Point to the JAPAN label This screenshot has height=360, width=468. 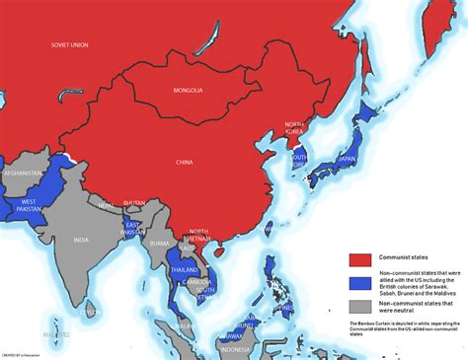coord(347,158)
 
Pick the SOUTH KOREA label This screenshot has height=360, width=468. coord(299,160)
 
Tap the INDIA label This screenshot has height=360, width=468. coord(81,240)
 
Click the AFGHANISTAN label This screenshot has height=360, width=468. coord(24,173)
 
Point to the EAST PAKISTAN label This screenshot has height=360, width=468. coord(128,229)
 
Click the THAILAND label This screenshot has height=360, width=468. coord(184,269)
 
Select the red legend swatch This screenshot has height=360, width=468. coord(361,260)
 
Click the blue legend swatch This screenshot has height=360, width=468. coord(361,281)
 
